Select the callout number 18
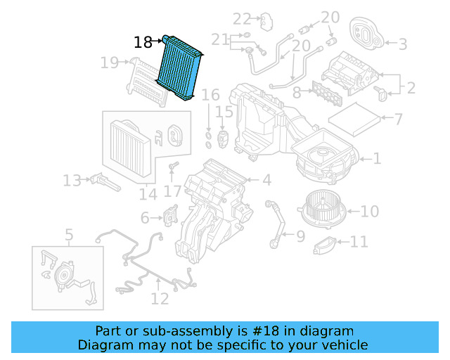[x=143, y=43]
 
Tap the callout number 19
[x=109, y=63]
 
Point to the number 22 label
[x=242, y=19]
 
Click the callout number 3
[x=403, y=44]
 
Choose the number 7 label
[x=398, y=120]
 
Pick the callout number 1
[x=377, y=159]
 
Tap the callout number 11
[x=359, y=243]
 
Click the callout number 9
[x=301, y=236]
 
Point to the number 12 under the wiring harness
[x=160, y=300]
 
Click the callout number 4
[x=266, y=181]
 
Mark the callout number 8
[x=297, y=91]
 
